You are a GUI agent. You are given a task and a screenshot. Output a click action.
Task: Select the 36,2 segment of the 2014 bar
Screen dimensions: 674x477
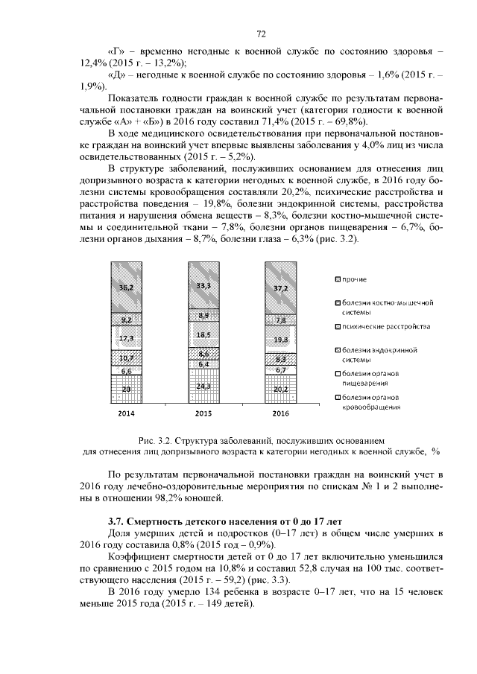pyautogui.click(x=126, y=287)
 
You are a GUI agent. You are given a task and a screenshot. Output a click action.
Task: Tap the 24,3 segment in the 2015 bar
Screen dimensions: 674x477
pyautogui.click(x=203, y=386)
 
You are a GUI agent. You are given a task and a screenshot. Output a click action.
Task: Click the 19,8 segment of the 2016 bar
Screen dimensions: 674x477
pyautogui.click(x=281, y=339)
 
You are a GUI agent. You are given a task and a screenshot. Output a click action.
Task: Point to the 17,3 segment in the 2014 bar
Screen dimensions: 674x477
pyautogui.click(x=126, y=338)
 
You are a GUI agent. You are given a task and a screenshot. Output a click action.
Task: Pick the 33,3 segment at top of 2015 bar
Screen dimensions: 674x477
pyautogui.click(x=203, y=285)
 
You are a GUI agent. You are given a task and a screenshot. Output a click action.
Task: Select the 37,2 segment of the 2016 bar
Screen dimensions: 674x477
pyautogui.click(x=281, y=287)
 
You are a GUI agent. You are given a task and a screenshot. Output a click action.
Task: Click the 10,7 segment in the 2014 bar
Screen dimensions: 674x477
pyautogui.click(x=126, y=358)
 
